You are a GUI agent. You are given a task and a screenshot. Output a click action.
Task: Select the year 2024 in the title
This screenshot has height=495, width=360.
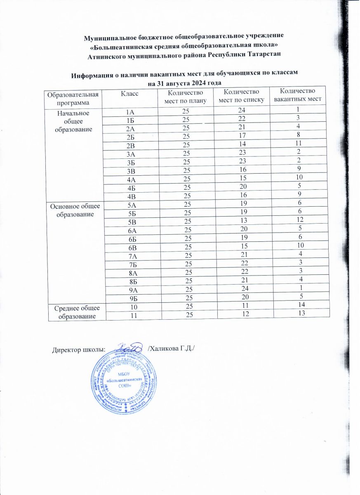tap(191, 83)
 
